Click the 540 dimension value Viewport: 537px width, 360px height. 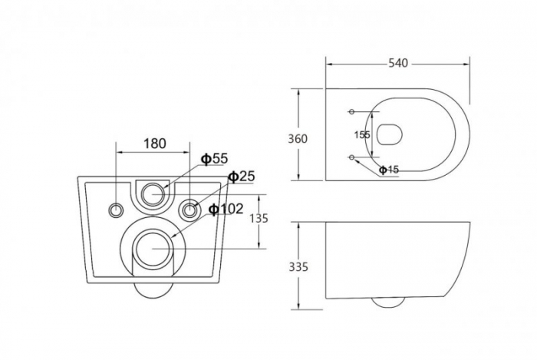397,63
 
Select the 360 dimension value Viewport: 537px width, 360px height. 298,139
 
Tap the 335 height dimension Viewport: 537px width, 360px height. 298,266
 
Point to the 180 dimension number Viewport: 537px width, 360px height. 155,144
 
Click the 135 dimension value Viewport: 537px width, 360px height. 259,219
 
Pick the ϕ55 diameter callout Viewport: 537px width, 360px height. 215,159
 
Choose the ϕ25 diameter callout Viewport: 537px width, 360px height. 241,177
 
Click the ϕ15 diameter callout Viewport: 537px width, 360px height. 390,170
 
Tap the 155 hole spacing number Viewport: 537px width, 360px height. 362,134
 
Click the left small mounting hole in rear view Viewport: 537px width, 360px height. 117,209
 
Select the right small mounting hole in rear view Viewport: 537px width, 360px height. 189,209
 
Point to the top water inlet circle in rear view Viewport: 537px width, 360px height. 153,193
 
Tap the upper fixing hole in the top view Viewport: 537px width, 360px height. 352,112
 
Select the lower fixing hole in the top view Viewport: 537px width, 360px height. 352,157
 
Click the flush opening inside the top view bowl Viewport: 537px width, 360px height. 391,134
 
